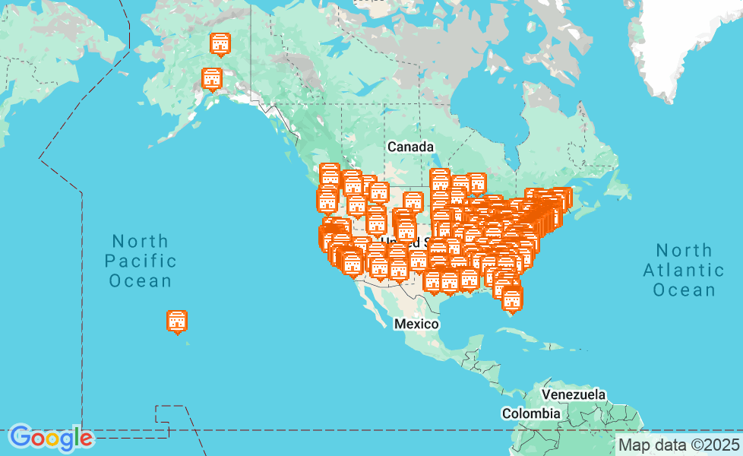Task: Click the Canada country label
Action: click(x=409, y=147)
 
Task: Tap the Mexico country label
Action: click(x=416, y=325)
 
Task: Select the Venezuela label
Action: click(x=574, y=395)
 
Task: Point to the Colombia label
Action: click(x=530, y=414)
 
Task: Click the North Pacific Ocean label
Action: click(x=141, y=261)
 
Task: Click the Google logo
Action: click(x=51, y=438)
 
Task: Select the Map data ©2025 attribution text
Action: click(x=678, y=445)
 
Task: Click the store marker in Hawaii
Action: click(x=177, y=321)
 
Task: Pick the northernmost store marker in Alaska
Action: click(x=220, y=44)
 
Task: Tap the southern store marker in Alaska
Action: click(x=211, y=78)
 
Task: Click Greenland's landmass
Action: click(x=684, y=38)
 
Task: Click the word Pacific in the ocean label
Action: click(x=141, y=261)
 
